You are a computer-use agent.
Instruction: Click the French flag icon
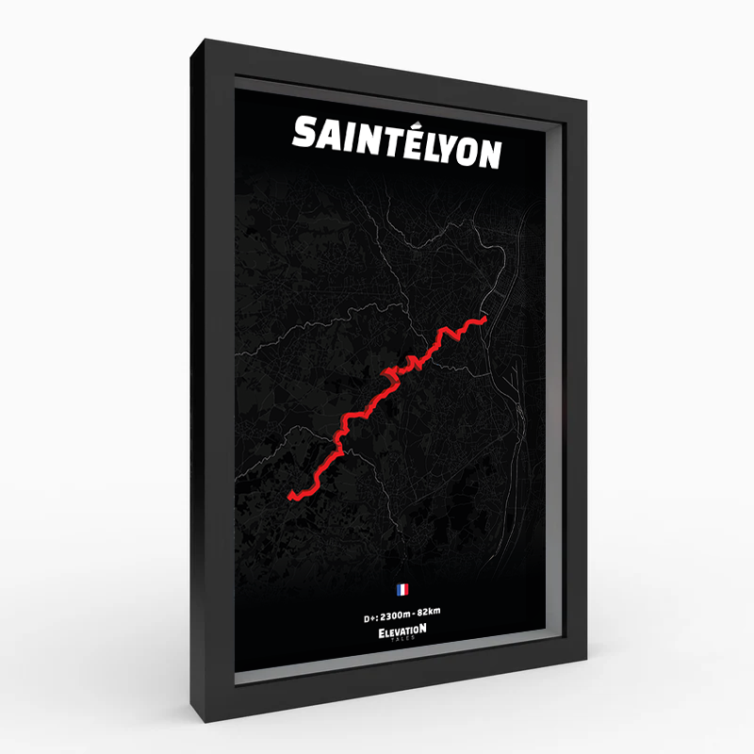pos(402,590)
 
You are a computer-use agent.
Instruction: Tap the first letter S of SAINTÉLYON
pos(305,133)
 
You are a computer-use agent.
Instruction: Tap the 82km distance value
pos(429,613)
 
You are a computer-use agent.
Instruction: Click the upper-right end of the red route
pos(484,320)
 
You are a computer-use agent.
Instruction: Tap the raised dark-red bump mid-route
pos(387,379)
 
